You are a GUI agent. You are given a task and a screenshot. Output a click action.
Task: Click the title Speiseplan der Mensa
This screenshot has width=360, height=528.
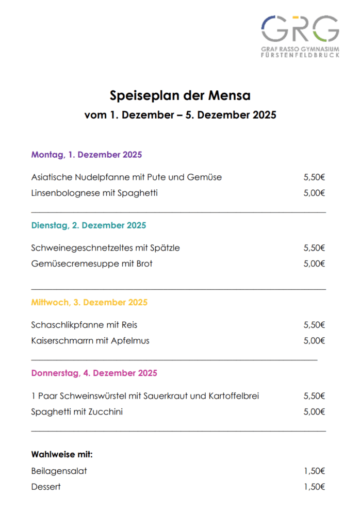click(180, 95)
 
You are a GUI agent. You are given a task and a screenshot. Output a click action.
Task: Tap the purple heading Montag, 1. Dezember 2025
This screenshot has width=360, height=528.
click(87, 155)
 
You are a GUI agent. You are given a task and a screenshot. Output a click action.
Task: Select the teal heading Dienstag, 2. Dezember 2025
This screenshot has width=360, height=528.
click(89, 225)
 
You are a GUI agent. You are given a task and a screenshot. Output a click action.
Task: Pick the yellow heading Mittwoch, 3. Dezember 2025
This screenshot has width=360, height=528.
click(89, 302)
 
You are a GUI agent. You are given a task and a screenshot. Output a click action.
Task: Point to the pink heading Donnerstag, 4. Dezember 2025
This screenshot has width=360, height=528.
click(94, 373)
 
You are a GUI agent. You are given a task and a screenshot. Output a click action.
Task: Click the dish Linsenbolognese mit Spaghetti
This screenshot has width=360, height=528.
click(94, 193)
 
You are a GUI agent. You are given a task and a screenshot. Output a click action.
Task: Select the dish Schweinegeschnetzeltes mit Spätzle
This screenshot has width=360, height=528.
click(106, 248)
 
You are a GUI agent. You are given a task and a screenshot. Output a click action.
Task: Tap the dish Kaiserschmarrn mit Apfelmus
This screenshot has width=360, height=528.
click(90, 340)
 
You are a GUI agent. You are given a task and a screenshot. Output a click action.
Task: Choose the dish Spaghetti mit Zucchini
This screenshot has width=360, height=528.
click(77, 411)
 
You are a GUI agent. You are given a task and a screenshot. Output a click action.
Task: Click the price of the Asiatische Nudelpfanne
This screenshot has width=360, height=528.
click(314, 177)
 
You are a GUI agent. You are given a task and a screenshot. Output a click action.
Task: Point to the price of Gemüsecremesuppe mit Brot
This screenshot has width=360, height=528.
click(314, 264)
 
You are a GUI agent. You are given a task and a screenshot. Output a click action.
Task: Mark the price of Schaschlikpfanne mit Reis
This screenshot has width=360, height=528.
click(314, 325)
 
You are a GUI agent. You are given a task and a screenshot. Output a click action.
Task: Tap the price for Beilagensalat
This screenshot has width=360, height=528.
click(314, 471)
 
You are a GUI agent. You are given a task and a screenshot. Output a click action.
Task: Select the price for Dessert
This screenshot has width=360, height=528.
click(314, 487)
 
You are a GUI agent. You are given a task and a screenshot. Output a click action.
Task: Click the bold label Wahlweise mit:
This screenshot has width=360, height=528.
click(62, 455)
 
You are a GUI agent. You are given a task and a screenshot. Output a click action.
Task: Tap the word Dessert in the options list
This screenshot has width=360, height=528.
click(46, 487)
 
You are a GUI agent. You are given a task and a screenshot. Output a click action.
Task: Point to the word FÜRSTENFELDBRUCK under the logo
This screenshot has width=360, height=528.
click(300, 54)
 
